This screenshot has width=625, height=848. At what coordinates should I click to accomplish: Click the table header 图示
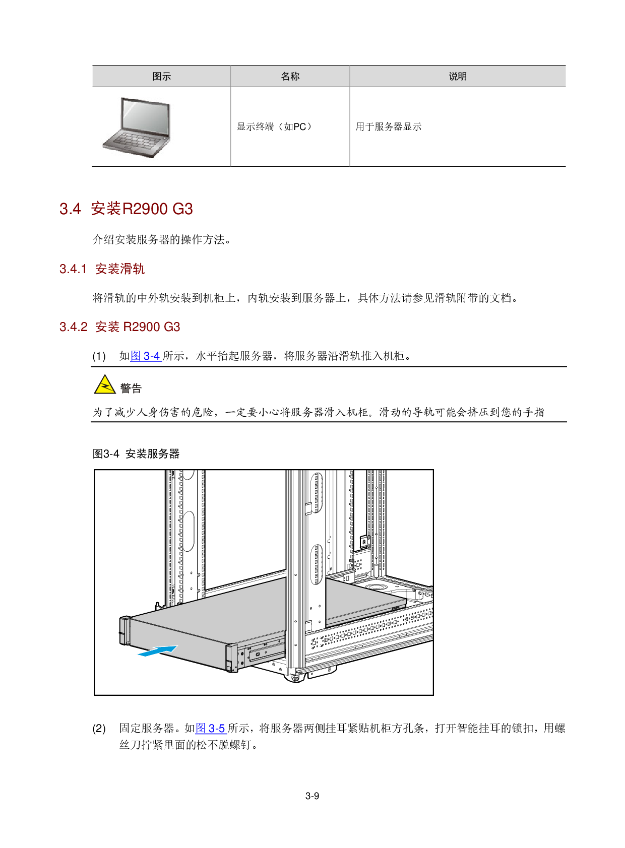[162, 77]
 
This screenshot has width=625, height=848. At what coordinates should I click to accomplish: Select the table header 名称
[290, 77]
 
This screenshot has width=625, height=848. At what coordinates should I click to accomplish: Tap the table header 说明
[458, 77]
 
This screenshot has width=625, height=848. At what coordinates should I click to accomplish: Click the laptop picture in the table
[137, 127]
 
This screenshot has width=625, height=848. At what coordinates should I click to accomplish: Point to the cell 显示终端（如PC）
[275, 126]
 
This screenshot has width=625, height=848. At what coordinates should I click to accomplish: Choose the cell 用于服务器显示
[388, 126]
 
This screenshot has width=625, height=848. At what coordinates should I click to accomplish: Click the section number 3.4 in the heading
[70, 209]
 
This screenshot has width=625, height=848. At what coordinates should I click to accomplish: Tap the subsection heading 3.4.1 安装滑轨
[102, 269]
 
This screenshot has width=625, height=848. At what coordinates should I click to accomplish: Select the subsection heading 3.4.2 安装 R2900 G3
[119, 327]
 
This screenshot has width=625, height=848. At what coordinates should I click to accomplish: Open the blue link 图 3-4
[146, 356]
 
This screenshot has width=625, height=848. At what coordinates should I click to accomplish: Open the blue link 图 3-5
[211, 728]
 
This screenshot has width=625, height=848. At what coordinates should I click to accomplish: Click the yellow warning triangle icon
[105, 384]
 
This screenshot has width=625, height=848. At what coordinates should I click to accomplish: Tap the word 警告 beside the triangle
[131, 388]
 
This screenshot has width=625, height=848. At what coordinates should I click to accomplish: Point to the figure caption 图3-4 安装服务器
[136, 453]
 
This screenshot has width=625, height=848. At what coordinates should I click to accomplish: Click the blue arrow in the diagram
[158, 651]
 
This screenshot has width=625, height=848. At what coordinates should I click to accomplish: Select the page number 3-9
[312, 796]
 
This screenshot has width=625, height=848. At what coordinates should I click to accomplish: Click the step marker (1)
[99, 356]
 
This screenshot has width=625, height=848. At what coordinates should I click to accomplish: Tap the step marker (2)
[99, 729]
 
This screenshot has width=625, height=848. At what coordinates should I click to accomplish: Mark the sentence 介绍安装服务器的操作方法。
[162, 239]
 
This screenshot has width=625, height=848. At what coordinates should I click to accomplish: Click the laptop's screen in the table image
[145, 116]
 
